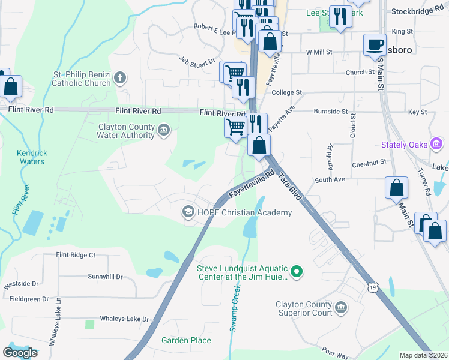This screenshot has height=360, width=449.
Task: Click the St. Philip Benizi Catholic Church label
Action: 82,79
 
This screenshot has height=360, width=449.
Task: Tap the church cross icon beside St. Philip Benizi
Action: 120,77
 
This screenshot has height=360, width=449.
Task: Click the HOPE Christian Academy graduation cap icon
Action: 188,212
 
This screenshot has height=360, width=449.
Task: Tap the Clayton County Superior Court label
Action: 304,308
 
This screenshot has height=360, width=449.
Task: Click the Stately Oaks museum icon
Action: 437,145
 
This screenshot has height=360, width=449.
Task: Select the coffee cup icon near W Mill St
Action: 375,45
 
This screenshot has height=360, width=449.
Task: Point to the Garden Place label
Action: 186,340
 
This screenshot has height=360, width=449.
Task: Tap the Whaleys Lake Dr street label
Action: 124,319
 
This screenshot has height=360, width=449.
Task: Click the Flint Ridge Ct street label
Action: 76,255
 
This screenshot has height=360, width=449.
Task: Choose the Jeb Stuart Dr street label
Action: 197,61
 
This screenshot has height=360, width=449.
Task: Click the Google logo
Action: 20,353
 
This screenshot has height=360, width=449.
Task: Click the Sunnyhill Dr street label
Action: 105,277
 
